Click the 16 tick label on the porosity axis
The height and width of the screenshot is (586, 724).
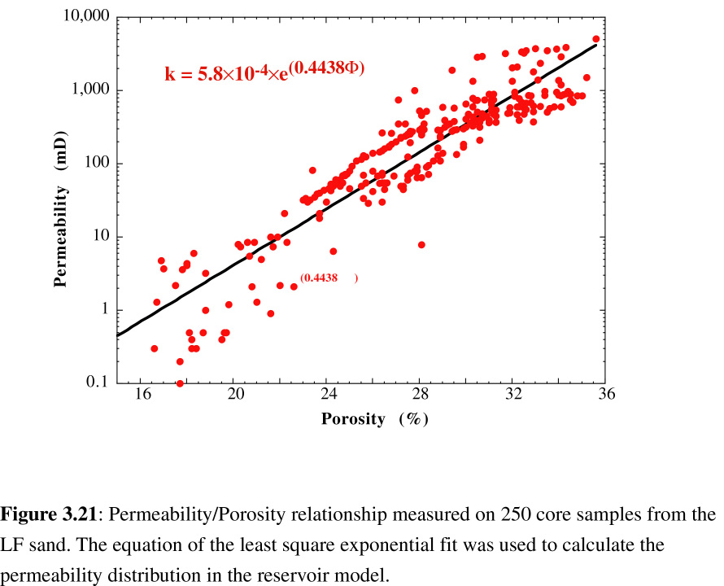(143, 396)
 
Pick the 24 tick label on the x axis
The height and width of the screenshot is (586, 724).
(329, 396)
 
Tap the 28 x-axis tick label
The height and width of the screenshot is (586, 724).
(421, 396)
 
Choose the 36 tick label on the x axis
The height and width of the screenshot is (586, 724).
(606, 396)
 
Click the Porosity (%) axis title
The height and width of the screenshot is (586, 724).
(374, 419)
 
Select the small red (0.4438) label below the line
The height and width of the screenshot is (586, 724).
(329, 278)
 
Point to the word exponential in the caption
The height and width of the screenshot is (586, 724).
(408, 544)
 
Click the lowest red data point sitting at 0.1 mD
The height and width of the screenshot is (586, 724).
(180, 383)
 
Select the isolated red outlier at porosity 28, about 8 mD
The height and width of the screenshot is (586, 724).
(421, 245)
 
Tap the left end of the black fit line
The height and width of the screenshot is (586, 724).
(119, 335)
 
